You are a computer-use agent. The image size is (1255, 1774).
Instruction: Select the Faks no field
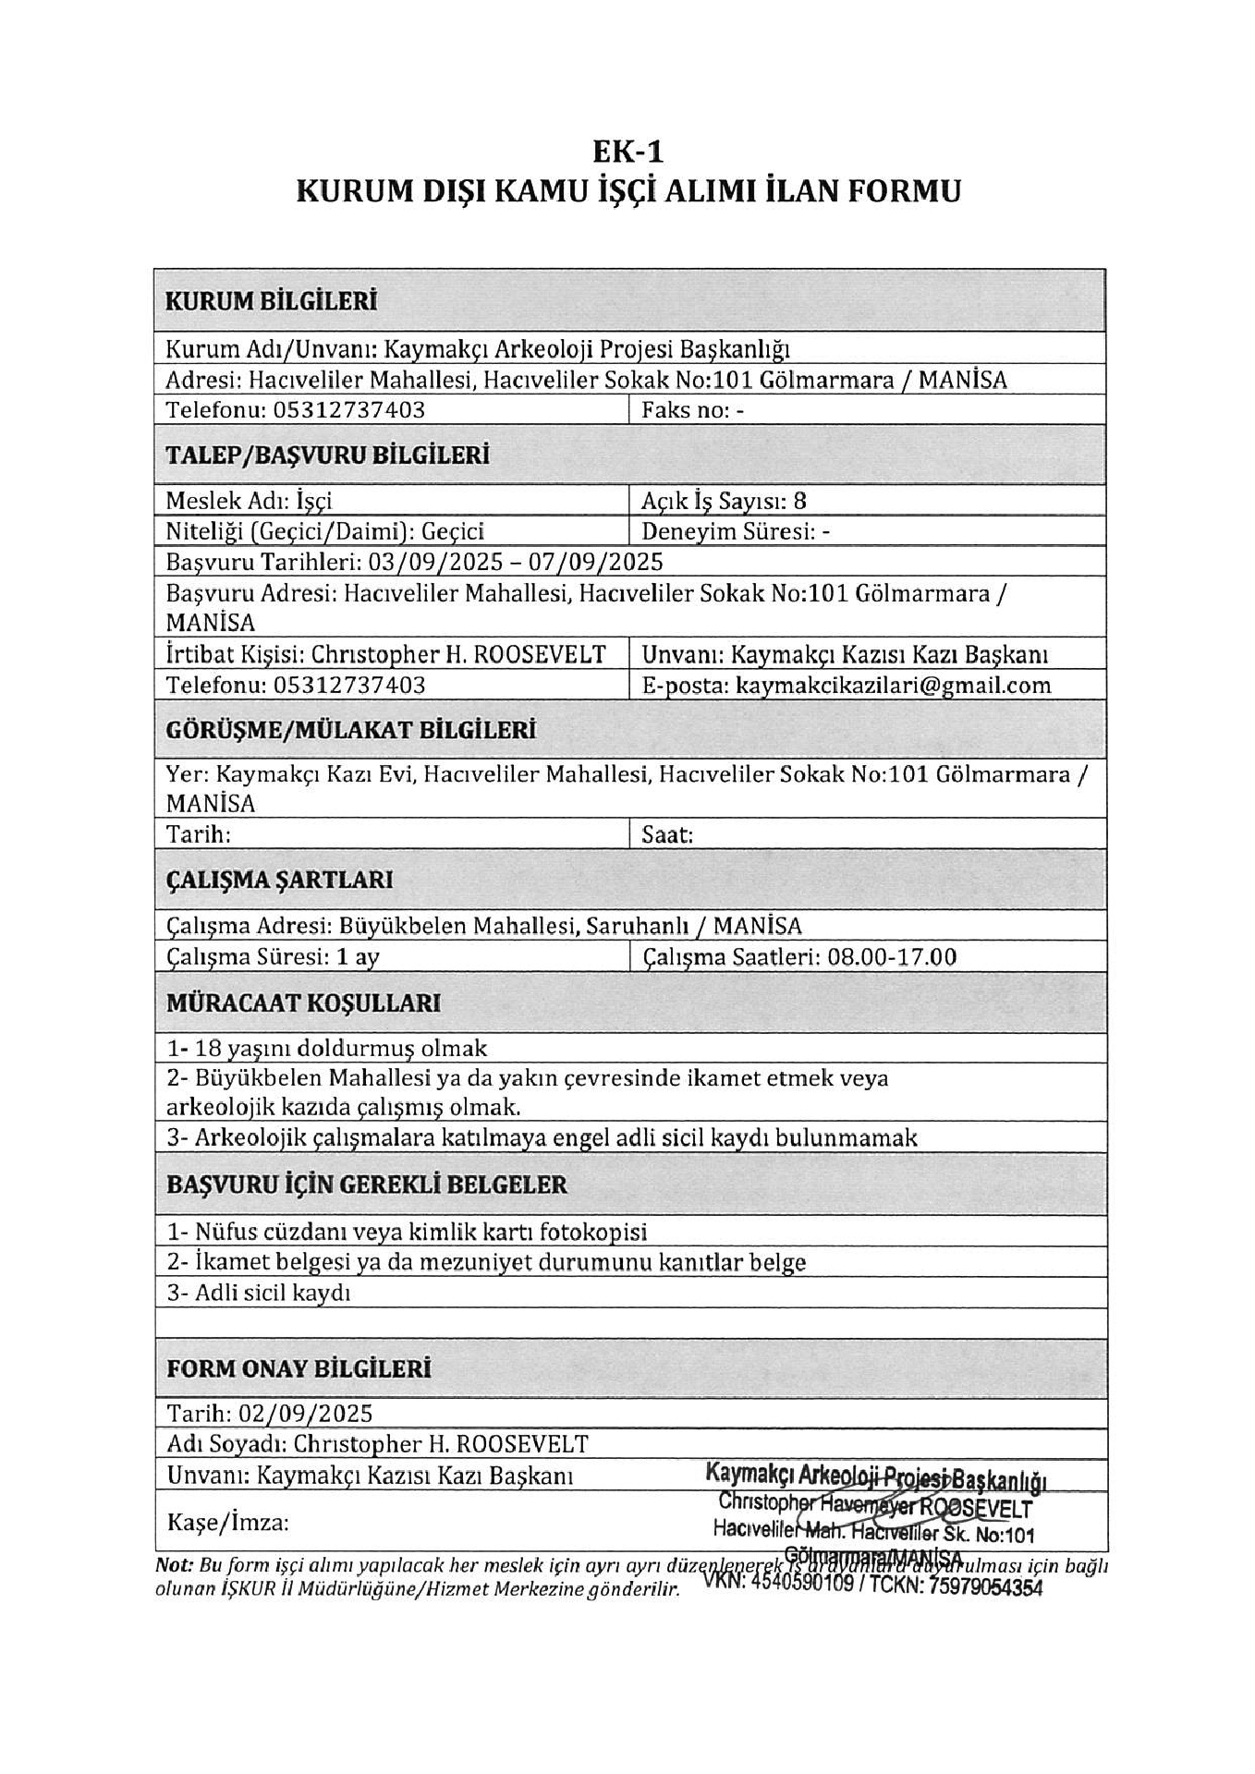[x=692, y=409]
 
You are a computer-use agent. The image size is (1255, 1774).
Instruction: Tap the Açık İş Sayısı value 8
[x=799, y=501]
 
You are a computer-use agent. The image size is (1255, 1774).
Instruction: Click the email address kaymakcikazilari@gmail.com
[x=893, y=685]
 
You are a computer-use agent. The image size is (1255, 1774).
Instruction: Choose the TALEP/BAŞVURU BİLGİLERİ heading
[x=327, y=456]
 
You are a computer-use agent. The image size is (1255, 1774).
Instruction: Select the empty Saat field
[x=869, y=834]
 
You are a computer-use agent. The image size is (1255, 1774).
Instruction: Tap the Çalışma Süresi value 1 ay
[x=359, y=956]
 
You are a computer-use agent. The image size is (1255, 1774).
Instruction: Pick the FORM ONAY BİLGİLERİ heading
[x=299, y=1368]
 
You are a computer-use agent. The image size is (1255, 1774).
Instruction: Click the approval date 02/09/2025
[x=306, y=1414]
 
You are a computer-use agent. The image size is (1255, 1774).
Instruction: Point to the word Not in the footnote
[x=173, y=1565]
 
